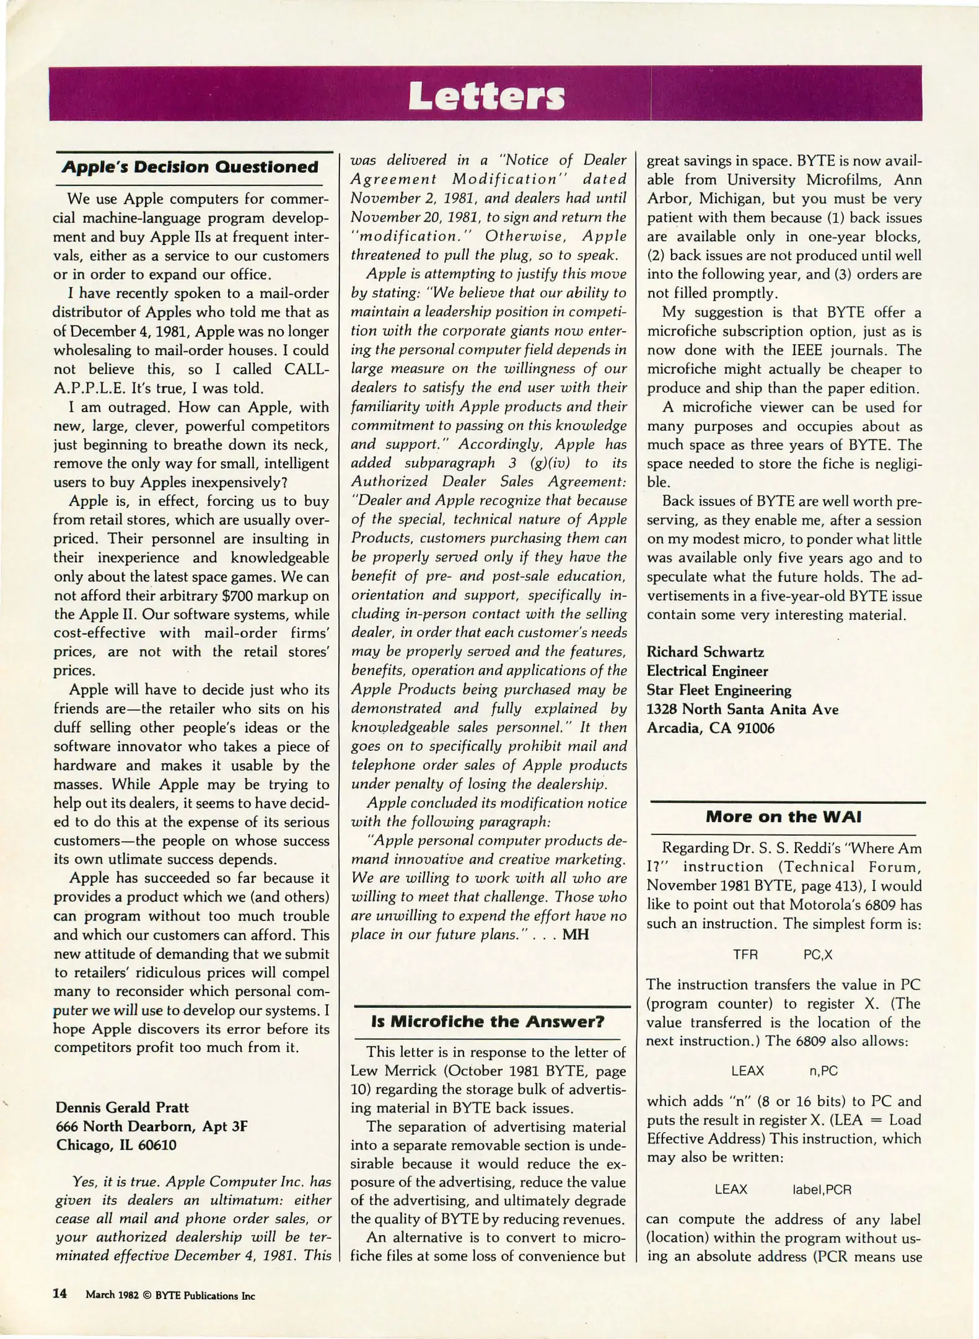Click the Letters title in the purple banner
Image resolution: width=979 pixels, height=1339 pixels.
[487, 96]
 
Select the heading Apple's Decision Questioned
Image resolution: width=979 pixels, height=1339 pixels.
[190, 167]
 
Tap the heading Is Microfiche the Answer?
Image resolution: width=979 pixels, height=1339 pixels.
[488, 1021]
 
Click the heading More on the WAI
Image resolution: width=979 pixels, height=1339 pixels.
[783, 816]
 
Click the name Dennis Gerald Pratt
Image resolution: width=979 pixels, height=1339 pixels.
[122, 1107]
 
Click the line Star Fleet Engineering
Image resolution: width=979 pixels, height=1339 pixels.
[719, 690]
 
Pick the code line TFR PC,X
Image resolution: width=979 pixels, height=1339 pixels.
[782, 955]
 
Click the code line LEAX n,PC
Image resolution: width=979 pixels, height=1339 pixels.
[783, 1071]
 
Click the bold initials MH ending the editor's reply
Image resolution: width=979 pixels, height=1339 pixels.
[575, 934]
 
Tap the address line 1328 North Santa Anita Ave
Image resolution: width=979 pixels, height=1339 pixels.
[742, 709]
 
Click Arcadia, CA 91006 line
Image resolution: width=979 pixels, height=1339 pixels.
[710, 728]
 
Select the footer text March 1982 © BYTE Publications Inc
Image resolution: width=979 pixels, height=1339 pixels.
[170, 1295]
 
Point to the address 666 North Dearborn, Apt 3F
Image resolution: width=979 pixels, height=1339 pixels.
[151, 1126]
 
